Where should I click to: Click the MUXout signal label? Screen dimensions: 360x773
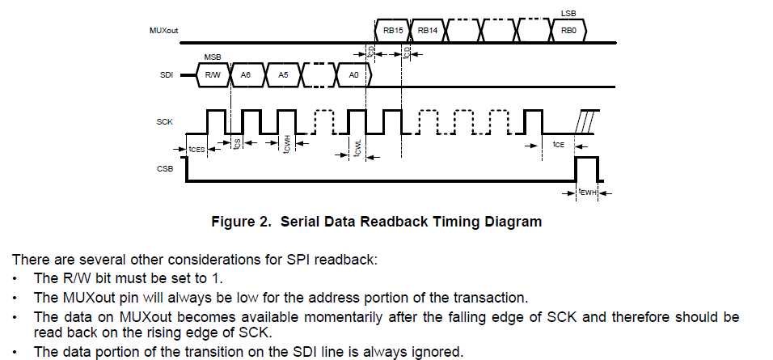pyautogui.click(x=163, y=31)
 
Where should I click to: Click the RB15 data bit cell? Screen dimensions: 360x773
pyautogui.click(x=394, y=30)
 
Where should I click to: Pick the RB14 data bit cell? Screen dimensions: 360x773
pyautogui.click(x=429, y=30)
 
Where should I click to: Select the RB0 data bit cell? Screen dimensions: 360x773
pyautogui.click(x=568, y=30)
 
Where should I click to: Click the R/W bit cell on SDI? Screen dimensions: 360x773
pyautogui.click(x=213, y=75)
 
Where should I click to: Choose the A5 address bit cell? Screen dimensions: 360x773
pyautogui.click(x=283, y=75)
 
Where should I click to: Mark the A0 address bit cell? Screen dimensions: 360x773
pyautogui.click(x=353, y=75)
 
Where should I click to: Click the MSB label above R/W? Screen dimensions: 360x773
pyautogui.click(x=212, y=58)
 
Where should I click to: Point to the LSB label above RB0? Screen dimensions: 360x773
pyautogui.click(x=568, y=14)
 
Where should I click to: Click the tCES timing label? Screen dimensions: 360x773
pyautogui.click(x=196, y=148)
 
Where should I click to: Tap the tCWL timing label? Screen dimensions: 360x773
pyautogui.click(x=357, y=150)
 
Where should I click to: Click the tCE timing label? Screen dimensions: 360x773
pyautogui.click(x=558, y=144)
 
